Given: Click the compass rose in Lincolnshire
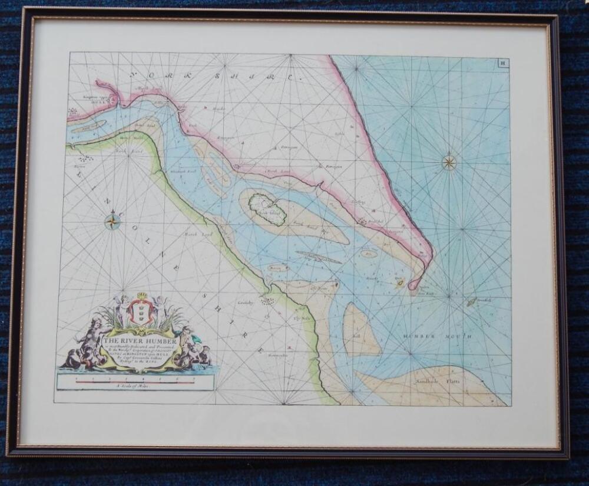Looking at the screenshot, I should point(112,222).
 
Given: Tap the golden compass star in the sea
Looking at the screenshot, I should point(449,162).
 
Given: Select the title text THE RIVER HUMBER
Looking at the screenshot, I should point(133,340).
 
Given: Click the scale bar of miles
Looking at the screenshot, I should point(135,381).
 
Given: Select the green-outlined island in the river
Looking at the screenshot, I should point(267,209).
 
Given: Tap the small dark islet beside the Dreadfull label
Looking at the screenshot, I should point(471,302).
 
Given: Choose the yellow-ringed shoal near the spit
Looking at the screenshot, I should point(399,284).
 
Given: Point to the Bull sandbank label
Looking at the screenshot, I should point(356,333).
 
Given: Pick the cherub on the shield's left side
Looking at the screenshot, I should point(121,307).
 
